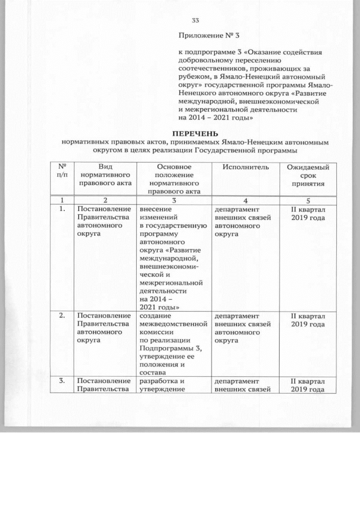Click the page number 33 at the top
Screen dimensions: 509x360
(x=196, y=21)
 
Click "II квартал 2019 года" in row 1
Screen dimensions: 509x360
(x=308, y=213)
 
